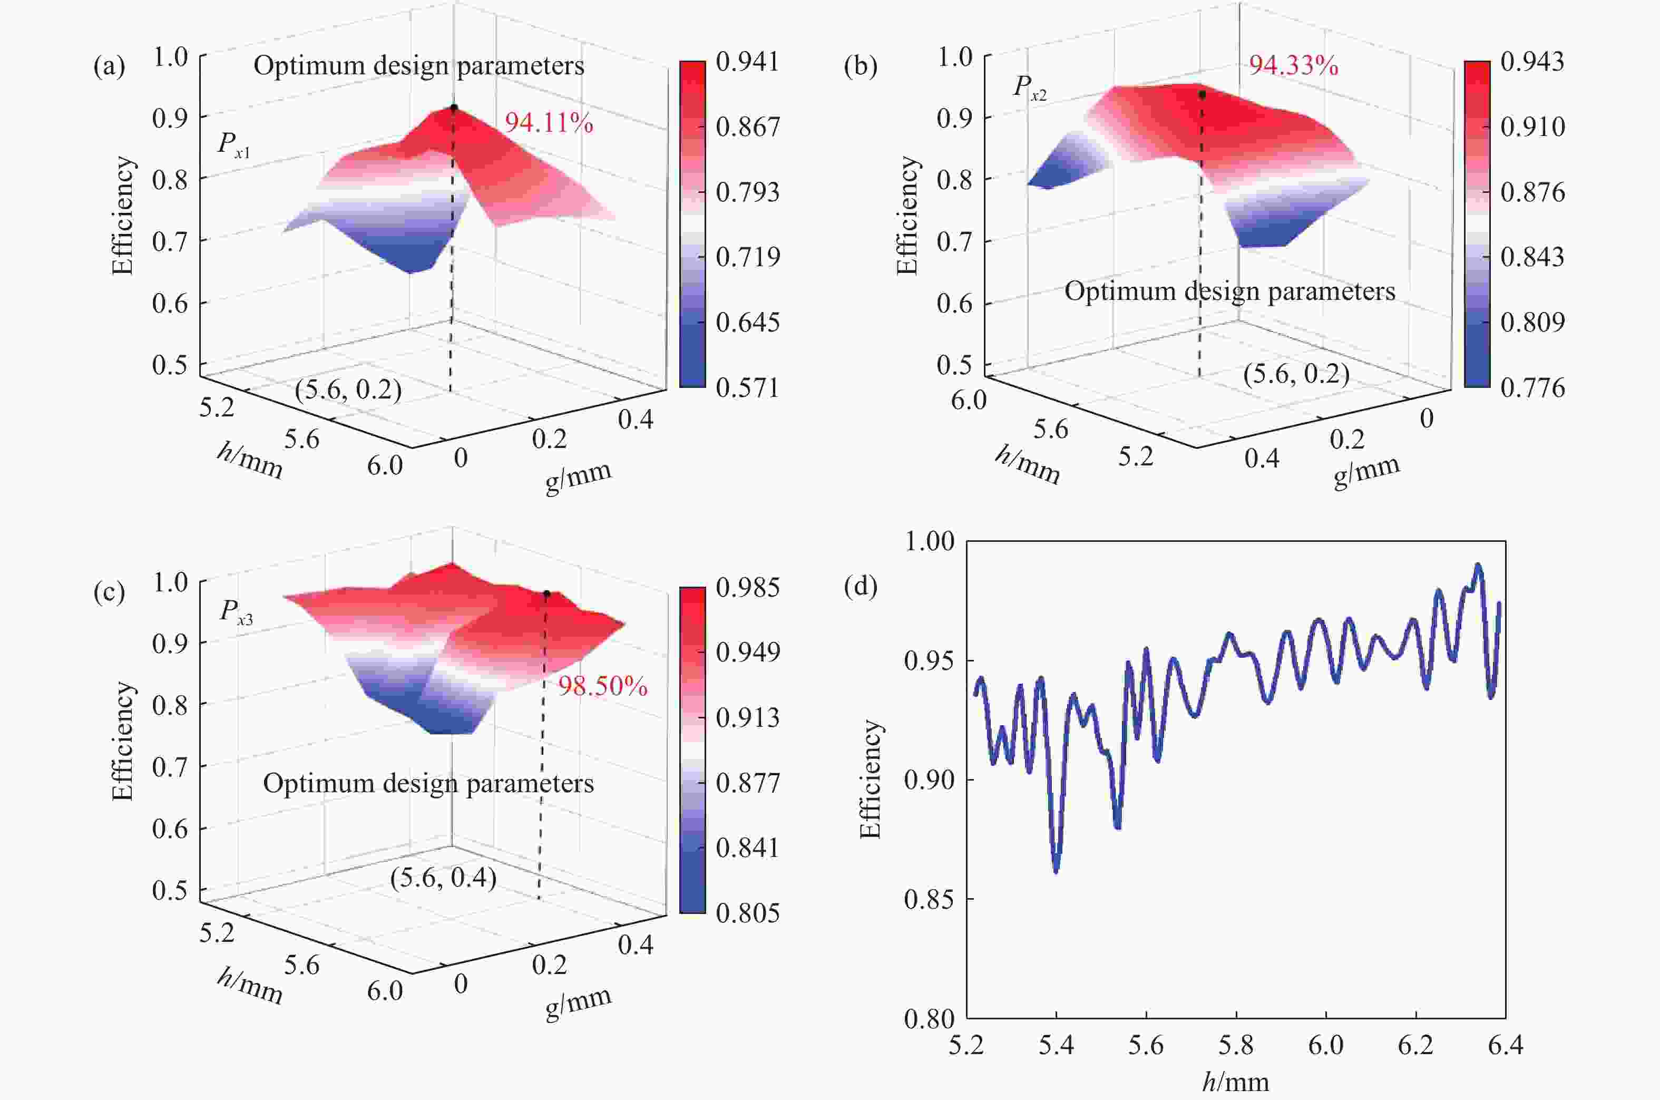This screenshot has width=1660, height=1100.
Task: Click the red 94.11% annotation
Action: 549,123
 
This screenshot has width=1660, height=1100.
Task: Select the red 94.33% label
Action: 1293,66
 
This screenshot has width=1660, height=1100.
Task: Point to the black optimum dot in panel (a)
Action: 454,108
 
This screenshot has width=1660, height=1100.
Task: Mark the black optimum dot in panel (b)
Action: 1202,94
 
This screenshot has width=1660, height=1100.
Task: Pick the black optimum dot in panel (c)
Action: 546,593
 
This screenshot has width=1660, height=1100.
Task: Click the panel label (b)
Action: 861,66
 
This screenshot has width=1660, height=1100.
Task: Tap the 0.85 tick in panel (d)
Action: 929,899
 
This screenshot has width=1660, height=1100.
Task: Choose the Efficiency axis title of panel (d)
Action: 871,778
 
